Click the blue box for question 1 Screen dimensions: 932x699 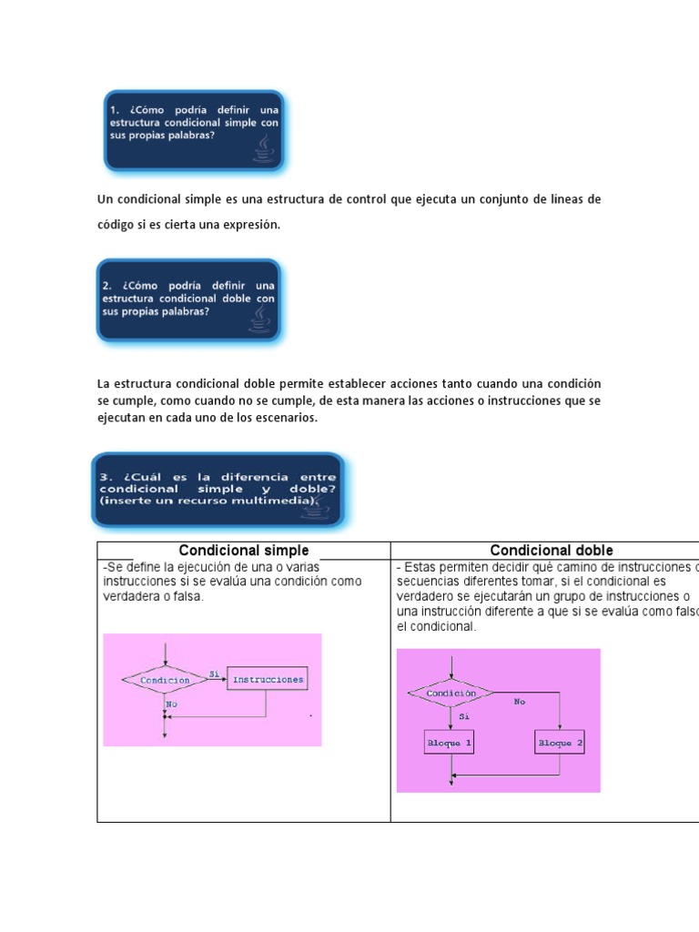point(193,129)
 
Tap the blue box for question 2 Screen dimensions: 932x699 point(188,299)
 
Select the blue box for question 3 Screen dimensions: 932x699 point(218,490)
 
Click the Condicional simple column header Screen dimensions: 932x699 point(243,551)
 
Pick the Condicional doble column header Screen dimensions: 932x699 point(552,551)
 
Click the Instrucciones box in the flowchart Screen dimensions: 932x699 point(267,679)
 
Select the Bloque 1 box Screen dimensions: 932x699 point(450,743)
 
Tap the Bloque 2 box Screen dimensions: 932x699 point(560,743)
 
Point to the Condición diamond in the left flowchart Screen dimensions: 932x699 point(165,680)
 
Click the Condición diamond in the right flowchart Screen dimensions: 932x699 point(451,693)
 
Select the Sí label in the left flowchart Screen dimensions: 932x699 point(215,674)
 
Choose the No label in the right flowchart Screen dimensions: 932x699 point(520,702)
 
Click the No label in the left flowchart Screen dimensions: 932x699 point(171,704)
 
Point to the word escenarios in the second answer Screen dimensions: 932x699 point(286,417)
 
